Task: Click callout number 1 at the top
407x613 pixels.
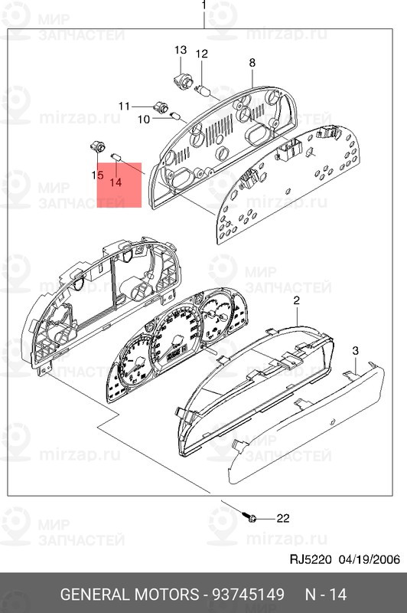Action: pos(204,5)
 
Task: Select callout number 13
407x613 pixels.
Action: pos(181,50)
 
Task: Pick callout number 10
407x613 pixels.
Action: pos(144,119)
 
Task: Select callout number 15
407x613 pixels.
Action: pos(97,175)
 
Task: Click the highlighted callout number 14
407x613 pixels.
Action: pos(116,182)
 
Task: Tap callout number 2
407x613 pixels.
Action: pos(296,303)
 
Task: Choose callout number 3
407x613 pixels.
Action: pos(355,350)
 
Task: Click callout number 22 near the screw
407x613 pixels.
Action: pos(283,518)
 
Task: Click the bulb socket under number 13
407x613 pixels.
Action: pos(184,79)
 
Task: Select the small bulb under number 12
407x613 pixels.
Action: pos(204,90)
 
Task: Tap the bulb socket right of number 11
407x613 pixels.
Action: pos(161,107)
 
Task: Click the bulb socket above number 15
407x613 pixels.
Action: pos(97,146)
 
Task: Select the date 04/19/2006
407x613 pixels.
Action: pos(366,559)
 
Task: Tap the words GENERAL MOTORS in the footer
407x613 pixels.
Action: pos(128,595)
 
